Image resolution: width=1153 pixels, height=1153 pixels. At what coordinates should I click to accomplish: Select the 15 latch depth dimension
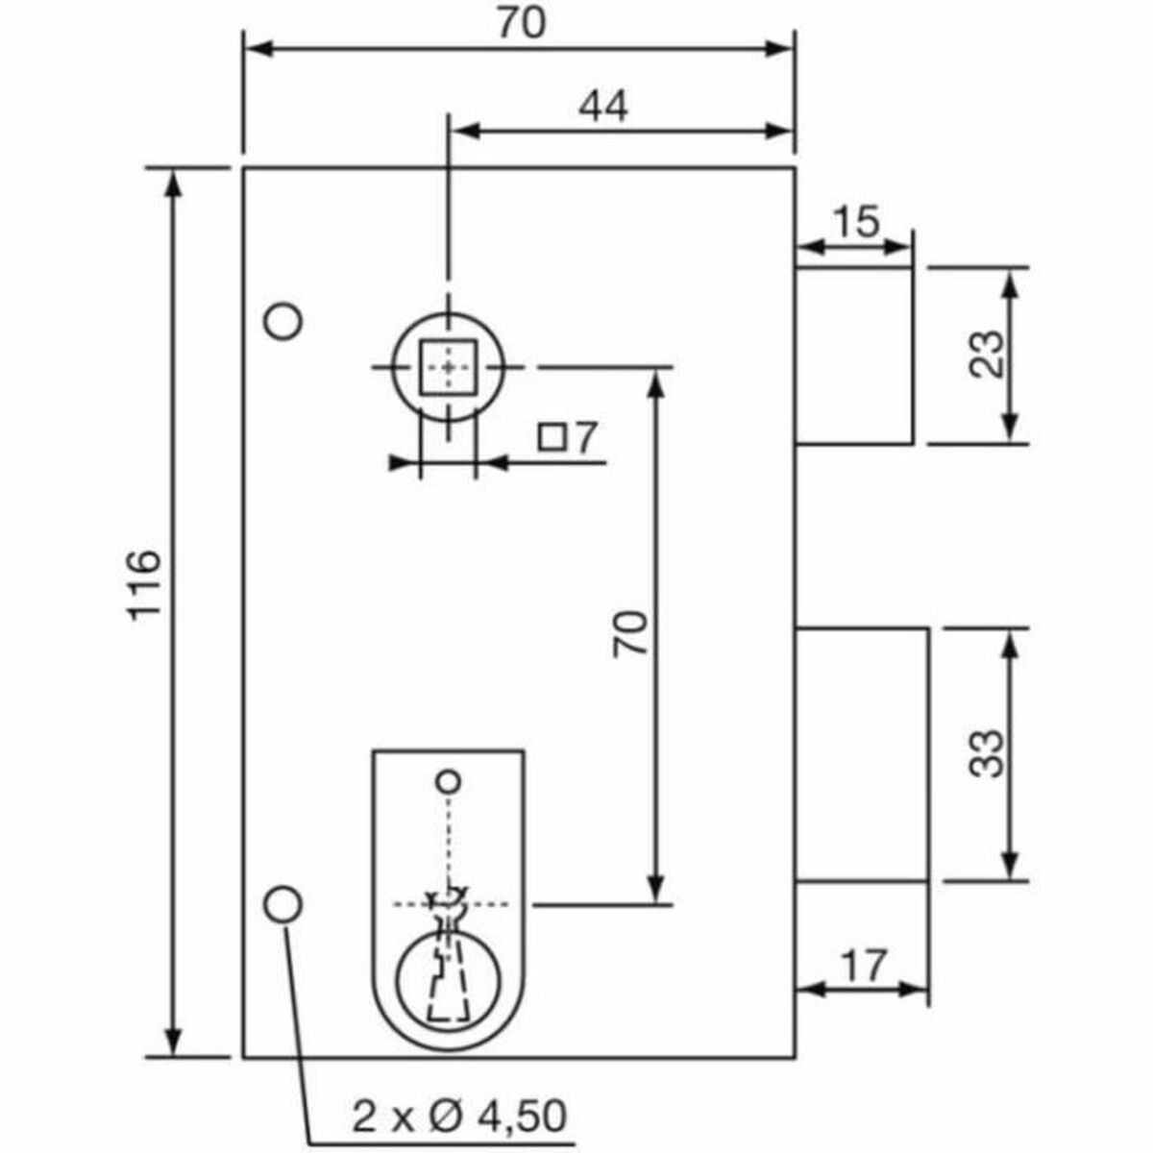point(854,223)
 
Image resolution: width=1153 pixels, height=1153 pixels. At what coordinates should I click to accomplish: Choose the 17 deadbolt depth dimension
point(862,965)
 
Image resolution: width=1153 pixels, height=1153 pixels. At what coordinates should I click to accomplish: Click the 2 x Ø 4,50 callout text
point(459,1116)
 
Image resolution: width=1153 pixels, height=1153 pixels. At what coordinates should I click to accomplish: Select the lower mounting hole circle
point(282,903)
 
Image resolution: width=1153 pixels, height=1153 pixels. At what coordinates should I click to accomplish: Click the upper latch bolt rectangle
point(853,356)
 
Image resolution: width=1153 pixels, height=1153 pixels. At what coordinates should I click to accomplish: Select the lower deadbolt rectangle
point(861,753)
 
